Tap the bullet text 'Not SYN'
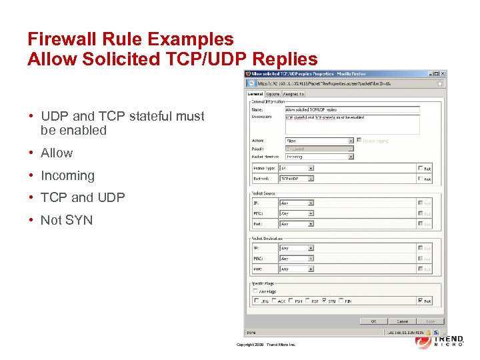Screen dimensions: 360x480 click(x=67, y=220)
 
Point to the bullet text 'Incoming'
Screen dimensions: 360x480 click(x=67, y=175)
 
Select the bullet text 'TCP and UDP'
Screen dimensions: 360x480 click(x=83, y=197)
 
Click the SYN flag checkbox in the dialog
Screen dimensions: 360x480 click(x=325, y=301)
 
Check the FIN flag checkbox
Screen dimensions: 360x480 click(x=342, y=301)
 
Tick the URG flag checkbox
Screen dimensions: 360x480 click(x=256, y=301)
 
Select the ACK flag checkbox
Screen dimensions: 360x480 click(x=273, y=301)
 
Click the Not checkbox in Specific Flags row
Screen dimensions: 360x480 click(x=420, y=301)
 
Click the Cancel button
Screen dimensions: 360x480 click(x=402, y=321)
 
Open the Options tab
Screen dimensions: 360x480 click(x=273, y=94)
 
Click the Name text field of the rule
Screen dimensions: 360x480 click(x=352, y=109)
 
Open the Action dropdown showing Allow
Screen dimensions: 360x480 click(x=319, y=141)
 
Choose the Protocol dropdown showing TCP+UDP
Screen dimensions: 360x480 click(x=297, y=179)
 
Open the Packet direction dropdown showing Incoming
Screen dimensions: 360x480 click(x=319, y=157)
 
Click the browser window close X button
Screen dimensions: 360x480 click(x=440, y=73)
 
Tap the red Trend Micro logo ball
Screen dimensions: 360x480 click(x=423, y=341)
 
